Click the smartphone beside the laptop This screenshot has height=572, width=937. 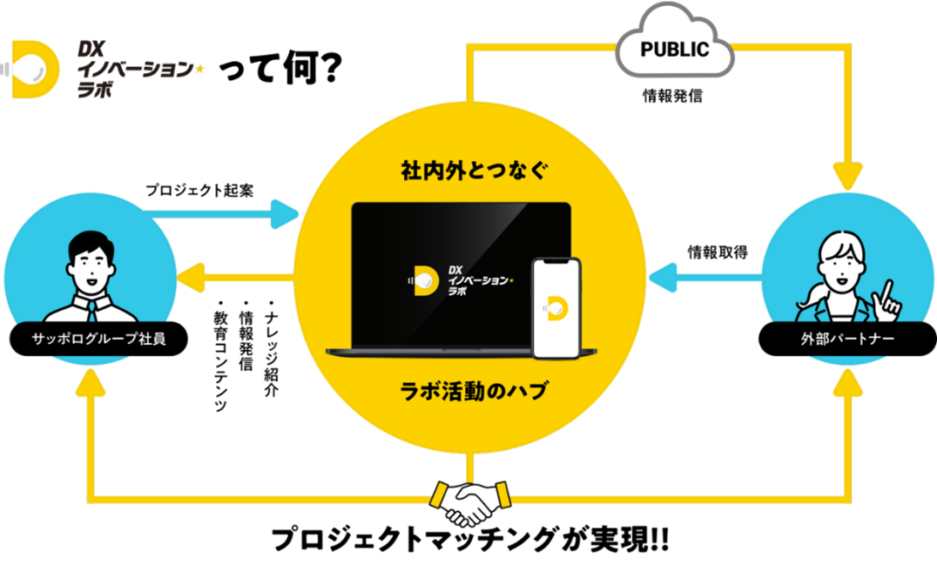pyautogui.click(x=556, y=307)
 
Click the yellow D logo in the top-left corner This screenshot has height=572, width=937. pyautogui.click(x=35, y=70)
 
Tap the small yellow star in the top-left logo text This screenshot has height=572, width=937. pyautogui.click(x=199, y=71)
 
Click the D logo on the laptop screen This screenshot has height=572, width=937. pyautogui.click(x=425, y=279)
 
